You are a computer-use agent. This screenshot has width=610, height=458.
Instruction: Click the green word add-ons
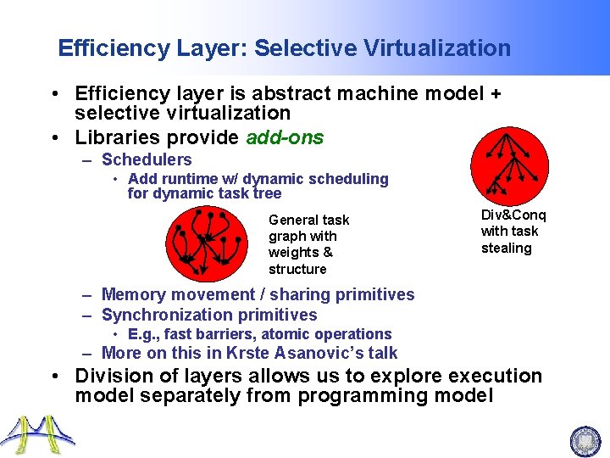click(x=285, y=137)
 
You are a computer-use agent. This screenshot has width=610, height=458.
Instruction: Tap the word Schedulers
click(x=147, y=159)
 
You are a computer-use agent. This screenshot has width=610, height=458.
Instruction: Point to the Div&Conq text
click(x=513, y=215)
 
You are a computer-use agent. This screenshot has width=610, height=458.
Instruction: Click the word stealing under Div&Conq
click(x=506, y=249)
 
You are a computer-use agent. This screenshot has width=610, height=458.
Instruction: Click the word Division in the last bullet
click(x=110, y=376)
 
